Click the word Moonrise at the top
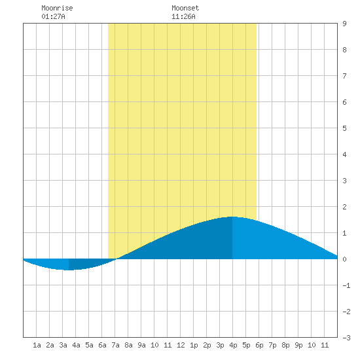click(x=57, y=8)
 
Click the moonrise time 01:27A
click(x=53, y=16)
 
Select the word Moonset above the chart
click(x=185, y=8)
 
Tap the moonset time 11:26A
click(x=183, y=16)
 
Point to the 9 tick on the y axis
click(x=344, y=24)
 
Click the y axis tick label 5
click(x=344, y=128)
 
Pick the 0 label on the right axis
click(x=344, y=259)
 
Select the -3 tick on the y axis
click(x=346, y=338)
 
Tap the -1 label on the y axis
click(x=346, y=285)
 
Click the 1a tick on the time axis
click(x=37, y=345)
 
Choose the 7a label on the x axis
click(x=115, y=345)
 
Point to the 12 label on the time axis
click(x=181, y=345)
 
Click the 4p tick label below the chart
click(x=233, y=345)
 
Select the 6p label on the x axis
click(x=259, y=345)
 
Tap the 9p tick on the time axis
click(x=298, y=345)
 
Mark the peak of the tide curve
click(x=232, y=217)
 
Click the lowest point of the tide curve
click(x=69, y=270)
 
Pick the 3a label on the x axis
click(x=63, y=345)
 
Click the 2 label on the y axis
click(x=344, y=207)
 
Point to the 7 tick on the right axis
click(x=344, y=76)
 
